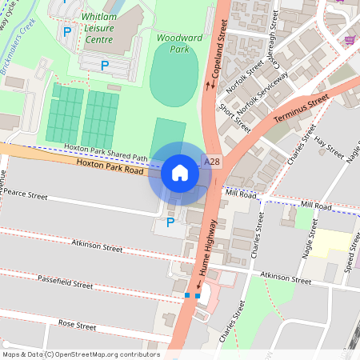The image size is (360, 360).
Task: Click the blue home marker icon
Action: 180,172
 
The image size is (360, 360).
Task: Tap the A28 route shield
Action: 212,161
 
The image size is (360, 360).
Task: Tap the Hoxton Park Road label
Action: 110,166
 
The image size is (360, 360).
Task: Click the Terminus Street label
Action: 301,110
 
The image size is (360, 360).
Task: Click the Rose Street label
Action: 77,326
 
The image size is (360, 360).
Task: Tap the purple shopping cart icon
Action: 350,39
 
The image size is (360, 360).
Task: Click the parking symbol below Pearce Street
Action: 170,222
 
